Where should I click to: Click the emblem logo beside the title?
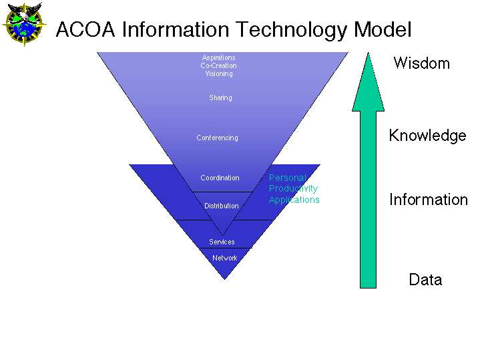tap(24, 24)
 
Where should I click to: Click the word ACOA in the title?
tap(85, 29)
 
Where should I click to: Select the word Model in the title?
tap(383, 29)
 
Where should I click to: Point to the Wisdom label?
tap(421, 63)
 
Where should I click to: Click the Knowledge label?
tap(427, 136)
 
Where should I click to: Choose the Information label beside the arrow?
tap(429, 200)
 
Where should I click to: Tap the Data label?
tap(425, 279)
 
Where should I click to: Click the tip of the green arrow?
tap(369, 53)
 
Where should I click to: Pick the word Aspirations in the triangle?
tap(218, 57)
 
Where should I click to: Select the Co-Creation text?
tap(218, 65)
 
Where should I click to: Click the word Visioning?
tap(219, 74)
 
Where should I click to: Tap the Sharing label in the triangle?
tap(220, 98)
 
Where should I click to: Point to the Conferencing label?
tap(217, 138)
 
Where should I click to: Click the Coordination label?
tap(220, 178)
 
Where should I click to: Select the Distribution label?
tap(222, 206)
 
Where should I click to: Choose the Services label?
tap(222, 242)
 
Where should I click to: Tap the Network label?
tap(225, 258)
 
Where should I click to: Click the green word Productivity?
tap(293, 189)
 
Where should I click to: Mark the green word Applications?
tap(294, 200)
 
